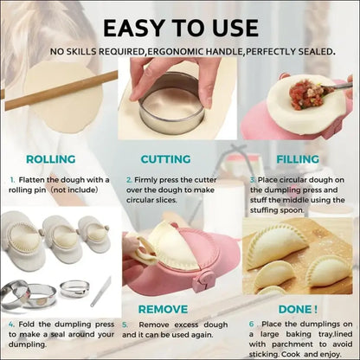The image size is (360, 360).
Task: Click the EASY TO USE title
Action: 181,29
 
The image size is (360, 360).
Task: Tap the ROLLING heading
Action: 51,159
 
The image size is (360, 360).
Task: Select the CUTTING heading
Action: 165,159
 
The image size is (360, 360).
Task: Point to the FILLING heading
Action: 298,159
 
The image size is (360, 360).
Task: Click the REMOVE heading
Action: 163,309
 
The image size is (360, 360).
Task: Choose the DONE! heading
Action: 298,309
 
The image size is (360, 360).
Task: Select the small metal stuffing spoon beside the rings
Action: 100,292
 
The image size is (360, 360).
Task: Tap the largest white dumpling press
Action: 22,240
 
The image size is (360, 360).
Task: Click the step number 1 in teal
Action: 12,180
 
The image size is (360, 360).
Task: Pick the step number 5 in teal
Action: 125,325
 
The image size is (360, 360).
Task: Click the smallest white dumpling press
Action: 94,233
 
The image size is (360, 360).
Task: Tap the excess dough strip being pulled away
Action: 144,252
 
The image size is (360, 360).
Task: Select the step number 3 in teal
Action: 253,180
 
